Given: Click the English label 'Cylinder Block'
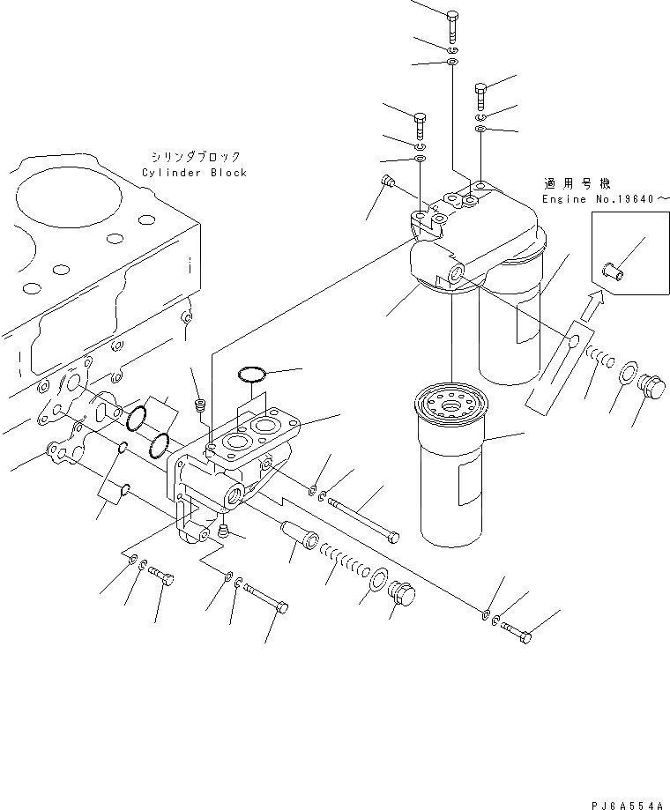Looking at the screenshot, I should coord(194,174).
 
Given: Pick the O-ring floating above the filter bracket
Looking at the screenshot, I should coord(253,376).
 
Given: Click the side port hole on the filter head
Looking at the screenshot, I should coord(455,276).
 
